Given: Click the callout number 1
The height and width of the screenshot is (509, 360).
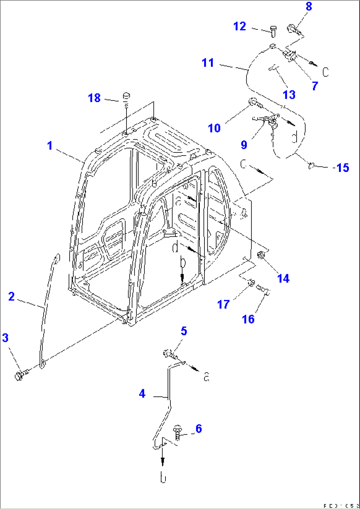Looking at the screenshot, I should [x=50, y=146].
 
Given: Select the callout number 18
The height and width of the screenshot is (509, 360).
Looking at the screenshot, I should [x=94, y=98].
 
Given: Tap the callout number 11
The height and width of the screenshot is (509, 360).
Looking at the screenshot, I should [x=208, y=62].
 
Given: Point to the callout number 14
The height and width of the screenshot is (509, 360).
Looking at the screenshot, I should [x=283, y=278].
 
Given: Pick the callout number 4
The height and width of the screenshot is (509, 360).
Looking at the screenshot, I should [x=142, y=393].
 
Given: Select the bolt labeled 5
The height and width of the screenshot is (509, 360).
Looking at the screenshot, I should [x=169, y=354].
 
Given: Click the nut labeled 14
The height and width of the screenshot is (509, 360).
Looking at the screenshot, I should [x=261, y=255].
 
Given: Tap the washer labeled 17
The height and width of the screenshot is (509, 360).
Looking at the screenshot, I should [x=251, y=283].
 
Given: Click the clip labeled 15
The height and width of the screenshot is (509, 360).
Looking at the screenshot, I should [x=311, y=165].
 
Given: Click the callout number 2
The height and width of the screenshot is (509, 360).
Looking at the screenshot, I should [x=12, y=296].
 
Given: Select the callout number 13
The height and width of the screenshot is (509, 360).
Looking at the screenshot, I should [x=289, y=94].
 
